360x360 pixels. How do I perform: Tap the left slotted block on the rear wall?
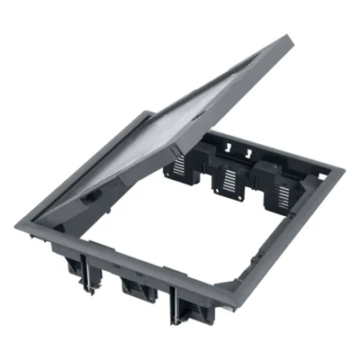(180, 163)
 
